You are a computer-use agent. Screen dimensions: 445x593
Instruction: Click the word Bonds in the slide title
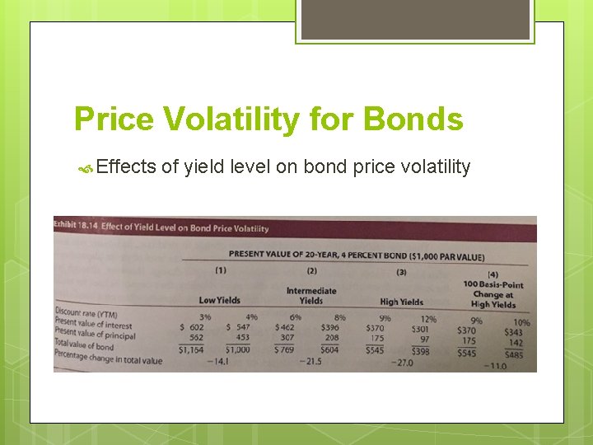414,119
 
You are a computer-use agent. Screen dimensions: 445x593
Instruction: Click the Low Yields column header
220,300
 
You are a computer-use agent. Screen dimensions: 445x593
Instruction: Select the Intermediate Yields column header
311,295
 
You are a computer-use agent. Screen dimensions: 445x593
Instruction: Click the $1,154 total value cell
193,349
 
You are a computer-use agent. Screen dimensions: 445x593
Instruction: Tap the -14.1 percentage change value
218,361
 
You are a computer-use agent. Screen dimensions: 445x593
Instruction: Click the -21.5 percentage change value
311,361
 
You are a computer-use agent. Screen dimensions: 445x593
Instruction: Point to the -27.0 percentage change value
402,363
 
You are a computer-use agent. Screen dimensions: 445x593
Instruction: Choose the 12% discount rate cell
427,319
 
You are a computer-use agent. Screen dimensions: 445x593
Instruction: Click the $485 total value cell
513,354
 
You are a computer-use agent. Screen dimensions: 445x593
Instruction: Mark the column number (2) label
311,270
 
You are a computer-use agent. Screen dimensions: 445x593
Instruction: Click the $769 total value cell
285,349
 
